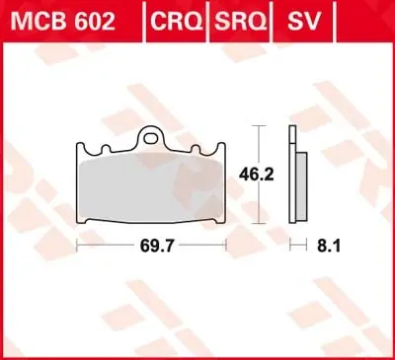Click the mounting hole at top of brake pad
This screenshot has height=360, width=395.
(x=152, y=137)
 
